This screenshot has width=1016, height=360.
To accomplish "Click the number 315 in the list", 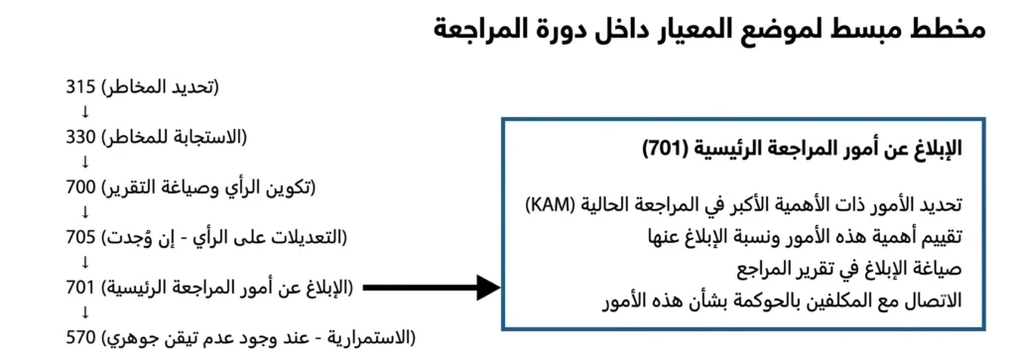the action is click(81, 86).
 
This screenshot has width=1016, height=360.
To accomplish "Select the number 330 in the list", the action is click(81, 137).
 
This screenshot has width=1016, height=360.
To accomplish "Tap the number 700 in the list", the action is click(81, 187).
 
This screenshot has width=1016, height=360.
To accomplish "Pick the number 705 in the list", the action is click(81, 238).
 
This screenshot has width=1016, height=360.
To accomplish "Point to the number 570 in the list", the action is click(81, 338).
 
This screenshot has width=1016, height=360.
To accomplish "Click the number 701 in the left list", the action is click(81, 288).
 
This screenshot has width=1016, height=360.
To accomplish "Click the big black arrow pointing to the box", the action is click(433, 288).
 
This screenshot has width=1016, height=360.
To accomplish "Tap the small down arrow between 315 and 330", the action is click(85, 111).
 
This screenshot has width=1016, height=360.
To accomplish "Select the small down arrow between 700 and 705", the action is click(85, 212).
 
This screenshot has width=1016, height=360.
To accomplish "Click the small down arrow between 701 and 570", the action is click(85, 312).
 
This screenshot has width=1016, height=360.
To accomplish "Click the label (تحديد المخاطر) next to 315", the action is click(160, 86).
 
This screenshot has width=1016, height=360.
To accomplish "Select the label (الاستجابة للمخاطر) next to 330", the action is click(175, 137).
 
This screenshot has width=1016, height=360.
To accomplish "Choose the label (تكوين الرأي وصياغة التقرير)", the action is click(208, 187).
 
